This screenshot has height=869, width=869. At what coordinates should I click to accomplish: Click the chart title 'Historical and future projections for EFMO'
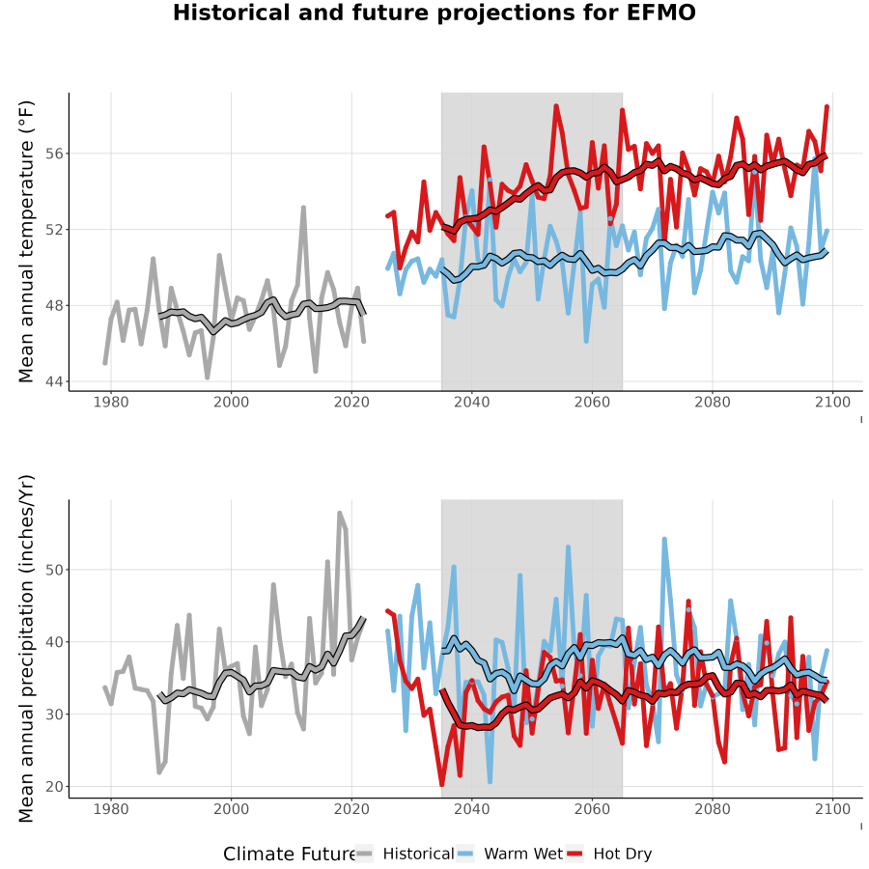pos(434,13)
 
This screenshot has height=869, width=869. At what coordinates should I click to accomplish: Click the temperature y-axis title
pos(26,241)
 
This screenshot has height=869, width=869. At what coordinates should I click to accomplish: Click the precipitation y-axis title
pos(26,649)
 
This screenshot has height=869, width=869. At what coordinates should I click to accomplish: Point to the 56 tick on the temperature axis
pos(53,153)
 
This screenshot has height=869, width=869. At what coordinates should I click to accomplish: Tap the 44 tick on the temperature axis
pos(53,381)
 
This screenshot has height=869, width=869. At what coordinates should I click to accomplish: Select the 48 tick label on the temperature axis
pos(53,305)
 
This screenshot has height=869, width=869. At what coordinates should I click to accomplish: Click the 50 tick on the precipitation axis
pos(53,570)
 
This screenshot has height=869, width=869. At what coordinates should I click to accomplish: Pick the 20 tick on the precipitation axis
pos(53,786)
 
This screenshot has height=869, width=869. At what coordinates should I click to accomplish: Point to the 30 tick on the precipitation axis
pos(53,715)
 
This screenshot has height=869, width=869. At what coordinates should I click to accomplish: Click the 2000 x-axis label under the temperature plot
pos(231,402)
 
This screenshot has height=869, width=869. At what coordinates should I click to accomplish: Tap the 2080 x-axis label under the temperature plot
pos(713,402)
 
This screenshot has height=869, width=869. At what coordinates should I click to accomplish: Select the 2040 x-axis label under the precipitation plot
pos(471,809)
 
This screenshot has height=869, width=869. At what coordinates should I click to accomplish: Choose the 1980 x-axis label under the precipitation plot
pos(111,809)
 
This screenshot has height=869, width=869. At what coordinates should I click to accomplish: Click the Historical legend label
pos(418,854)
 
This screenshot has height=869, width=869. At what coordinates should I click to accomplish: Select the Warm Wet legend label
pos(523,854)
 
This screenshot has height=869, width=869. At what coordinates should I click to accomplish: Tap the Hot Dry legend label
pos(623,854)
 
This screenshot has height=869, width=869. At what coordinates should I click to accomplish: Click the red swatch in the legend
pos(575,854)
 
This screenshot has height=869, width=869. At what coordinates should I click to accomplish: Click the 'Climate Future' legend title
pos(290,854)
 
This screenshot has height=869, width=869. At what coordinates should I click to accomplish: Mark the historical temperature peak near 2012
pos(304,208)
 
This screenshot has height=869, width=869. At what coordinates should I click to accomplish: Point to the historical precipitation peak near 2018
pos(340,514)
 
